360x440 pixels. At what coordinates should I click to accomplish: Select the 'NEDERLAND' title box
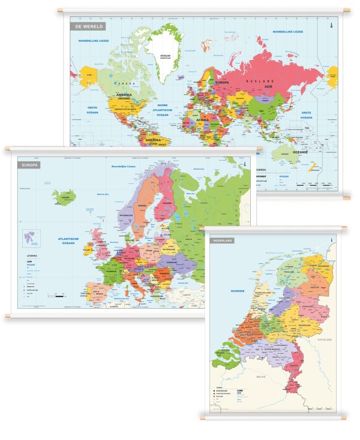(x=222, y=240)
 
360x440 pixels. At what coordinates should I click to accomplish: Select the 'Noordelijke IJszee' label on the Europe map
(x=124, y=167)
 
